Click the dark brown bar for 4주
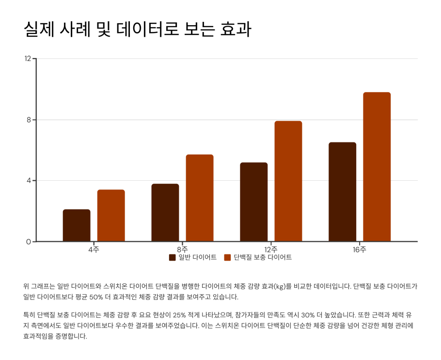(x=77, y=225)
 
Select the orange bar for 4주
(x=111, y=216)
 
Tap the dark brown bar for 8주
(x=165, y=213)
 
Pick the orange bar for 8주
(x=200, y=198)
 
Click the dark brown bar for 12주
(x=253, y=202)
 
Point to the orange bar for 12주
(x=288, y=181)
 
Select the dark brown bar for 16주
(x=342, y=192)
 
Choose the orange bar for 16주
(x=377, y=167)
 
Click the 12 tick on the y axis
(x=28, y=59)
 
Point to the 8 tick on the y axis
(x=29, y=120)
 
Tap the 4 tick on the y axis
(x=29, y=181)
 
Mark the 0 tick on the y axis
(x=29, y=242)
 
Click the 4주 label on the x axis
(x=94, y=250)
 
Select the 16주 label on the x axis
(x=360, y=250)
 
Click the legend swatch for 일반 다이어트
(x=172, y=257)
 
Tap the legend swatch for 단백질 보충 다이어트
(x=227, y=257)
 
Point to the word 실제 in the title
(x=38, y=29)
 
